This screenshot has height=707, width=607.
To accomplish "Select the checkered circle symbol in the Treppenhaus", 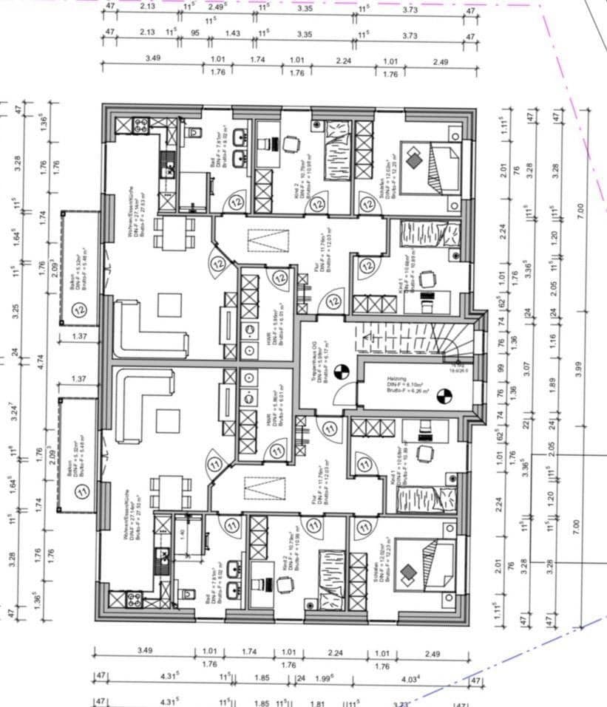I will (x=341, y=372).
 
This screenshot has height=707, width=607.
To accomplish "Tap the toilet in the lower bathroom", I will (x=186, y=595).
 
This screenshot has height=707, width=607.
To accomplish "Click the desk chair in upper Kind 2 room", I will (x=291, y=144).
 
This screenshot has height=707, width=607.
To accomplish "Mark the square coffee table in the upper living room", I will (x=169, y=304).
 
